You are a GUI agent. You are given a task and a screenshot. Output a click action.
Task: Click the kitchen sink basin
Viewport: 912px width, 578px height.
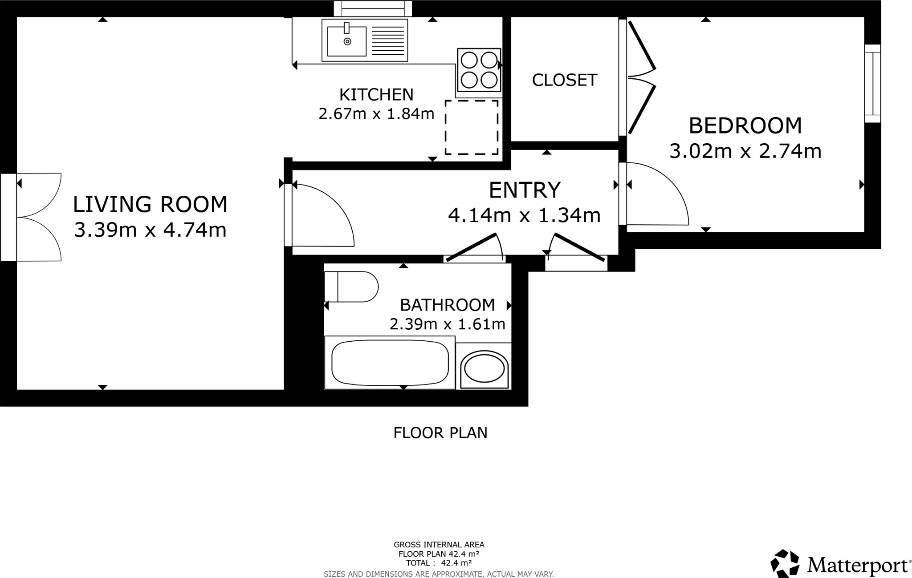pyautogui.click(x=346, y=41)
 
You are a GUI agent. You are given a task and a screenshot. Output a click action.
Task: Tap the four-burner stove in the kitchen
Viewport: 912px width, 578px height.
pyautogui.click(x=479, y=70)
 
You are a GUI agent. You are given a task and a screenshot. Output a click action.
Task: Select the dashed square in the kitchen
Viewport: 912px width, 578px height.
pyautogui.click(x=471, y=127)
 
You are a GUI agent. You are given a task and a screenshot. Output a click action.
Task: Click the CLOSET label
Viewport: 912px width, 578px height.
pyautogui.click(x=564, y=80)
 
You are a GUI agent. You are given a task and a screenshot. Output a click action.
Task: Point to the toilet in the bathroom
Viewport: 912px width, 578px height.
pyautogui.click(x=351, y=287)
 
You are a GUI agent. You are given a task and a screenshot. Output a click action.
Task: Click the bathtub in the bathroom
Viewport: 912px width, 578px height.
pyautogui.click(x=390, y=362)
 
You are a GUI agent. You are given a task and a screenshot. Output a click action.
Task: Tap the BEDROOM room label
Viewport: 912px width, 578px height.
pyautogui.click(x=745, y=125)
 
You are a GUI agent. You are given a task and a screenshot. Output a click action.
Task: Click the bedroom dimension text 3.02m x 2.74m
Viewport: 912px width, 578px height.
pyautogui.click(x=745, y=151)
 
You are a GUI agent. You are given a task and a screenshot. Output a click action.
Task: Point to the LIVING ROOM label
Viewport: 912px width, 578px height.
pyautogui.click(x=150, y=204)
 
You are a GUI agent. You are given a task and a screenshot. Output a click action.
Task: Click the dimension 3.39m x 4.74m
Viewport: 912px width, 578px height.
pyautogui.click(x=150, y=230)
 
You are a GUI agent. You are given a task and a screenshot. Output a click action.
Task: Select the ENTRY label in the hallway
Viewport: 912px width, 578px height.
pyautogui.click(x=524, y=190)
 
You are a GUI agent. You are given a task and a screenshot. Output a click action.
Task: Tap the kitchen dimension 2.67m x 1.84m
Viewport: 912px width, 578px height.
pyautogui.click(x=376, y=114)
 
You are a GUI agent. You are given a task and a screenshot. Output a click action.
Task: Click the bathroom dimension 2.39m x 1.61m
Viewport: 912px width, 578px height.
pyautogui.click(x=447, y=324)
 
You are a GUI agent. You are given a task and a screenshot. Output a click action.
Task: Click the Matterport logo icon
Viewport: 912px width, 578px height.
pyautogui.click(x=785, y=563)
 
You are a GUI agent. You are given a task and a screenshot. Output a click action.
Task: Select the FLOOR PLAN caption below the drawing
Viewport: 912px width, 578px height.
pyautogui.click(x=440, y=432)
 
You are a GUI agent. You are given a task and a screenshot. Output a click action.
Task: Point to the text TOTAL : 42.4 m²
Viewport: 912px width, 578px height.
pyautogui.click(x=439, y=563)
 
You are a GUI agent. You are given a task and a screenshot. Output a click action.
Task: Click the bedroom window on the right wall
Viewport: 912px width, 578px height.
pyautogui.click(x=872, y=83)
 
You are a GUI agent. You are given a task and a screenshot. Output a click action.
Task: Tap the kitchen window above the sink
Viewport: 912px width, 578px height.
pyautogui.click(x=373, y=8)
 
